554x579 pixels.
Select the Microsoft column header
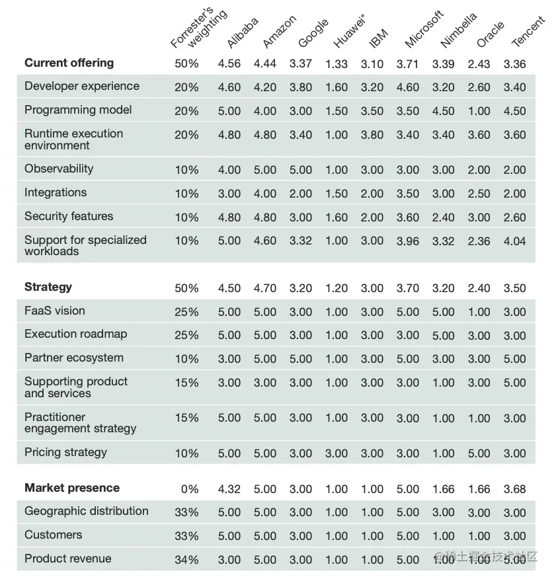click(424, 29)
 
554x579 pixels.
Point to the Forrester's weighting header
click(198, 30)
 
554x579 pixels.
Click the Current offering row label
click(69, 63)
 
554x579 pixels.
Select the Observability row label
click(59, 169)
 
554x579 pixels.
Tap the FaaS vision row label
click(55, 311)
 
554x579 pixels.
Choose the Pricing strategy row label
click(65, 452)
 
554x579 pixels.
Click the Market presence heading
click(72, 488)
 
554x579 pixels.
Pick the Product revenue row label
click(67, 559)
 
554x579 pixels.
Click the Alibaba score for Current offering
click(229, 64)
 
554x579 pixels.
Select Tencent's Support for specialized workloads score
click(514, 241)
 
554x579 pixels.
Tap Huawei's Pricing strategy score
click(336, 453)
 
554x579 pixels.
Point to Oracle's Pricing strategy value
click(479, 453)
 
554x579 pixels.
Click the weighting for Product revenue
click(186, 560)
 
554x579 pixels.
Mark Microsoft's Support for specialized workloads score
click(408, 241)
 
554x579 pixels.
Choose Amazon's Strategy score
click(265, 288)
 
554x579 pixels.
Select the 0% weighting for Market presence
click(189, 489)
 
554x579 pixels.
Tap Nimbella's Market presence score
click(443, 489)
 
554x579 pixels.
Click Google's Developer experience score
click(301, 87)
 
